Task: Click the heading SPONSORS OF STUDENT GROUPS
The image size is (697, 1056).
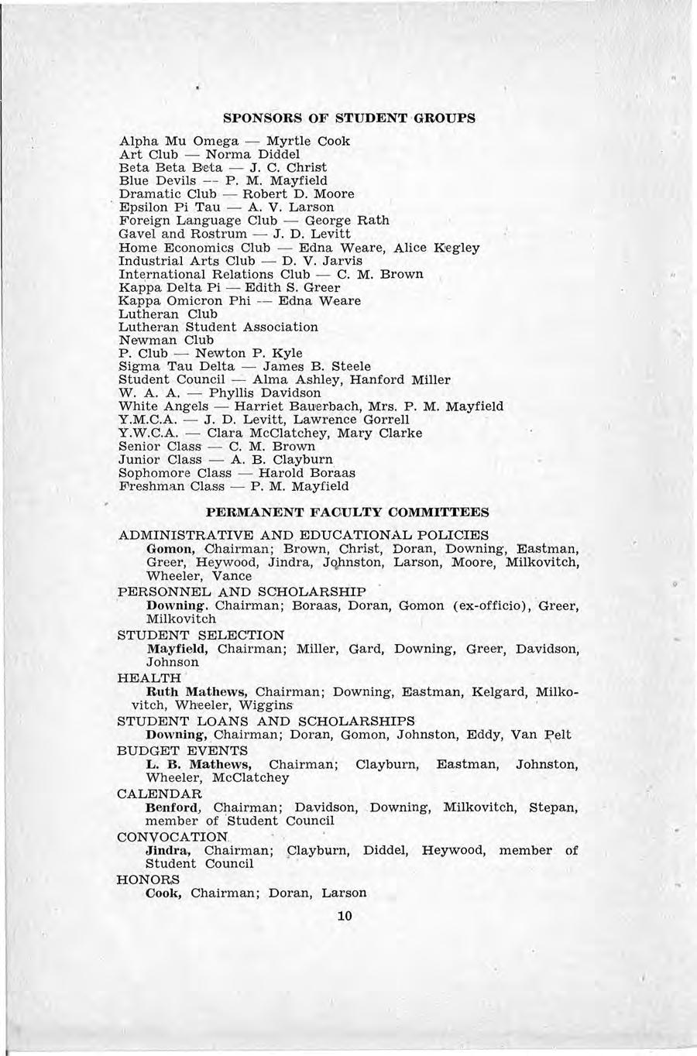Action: [x=348, y=118]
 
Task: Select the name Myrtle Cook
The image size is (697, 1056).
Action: [x=308, y=141]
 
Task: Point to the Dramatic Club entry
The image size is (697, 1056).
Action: [x=166, y=194]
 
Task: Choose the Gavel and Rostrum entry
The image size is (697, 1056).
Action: [x=183, y=233]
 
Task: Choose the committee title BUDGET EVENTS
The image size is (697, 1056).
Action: [x=182, y=750]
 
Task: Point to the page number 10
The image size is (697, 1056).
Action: [x=345, y=916]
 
